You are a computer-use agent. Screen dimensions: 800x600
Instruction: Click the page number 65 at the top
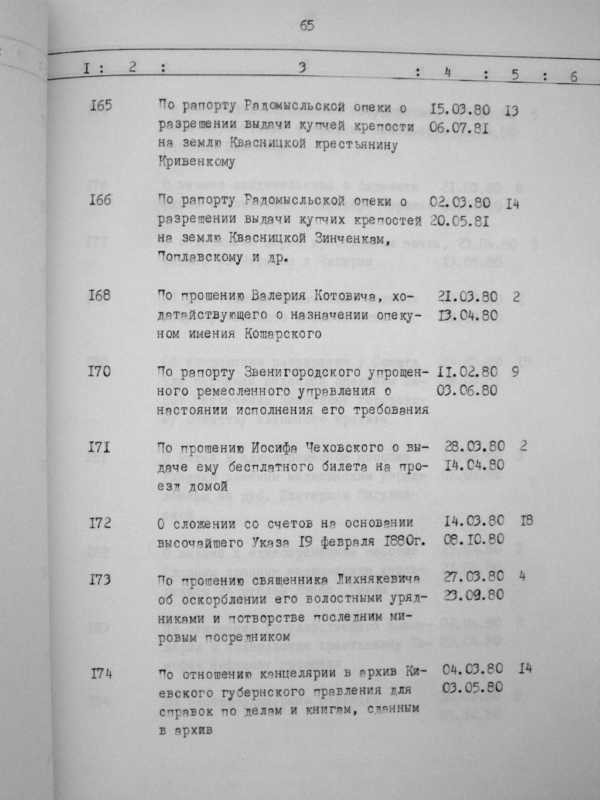[x=306, y=26]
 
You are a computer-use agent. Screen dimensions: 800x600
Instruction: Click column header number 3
[x=301, y=67]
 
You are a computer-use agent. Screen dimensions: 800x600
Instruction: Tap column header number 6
[x=574, y=76]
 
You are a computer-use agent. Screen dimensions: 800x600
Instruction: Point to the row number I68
[x=99, y=294]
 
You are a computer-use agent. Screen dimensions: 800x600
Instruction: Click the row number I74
[x=101, y=674]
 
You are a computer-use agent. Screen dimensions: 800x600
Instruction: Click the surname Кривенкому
[x=196, y=162]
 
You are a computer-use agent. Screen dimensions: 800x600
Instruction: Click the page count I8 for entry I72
[x=526, y=520]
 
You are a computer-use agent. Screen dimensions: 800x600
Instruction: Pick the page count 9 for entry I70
[x=514, y=372]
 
